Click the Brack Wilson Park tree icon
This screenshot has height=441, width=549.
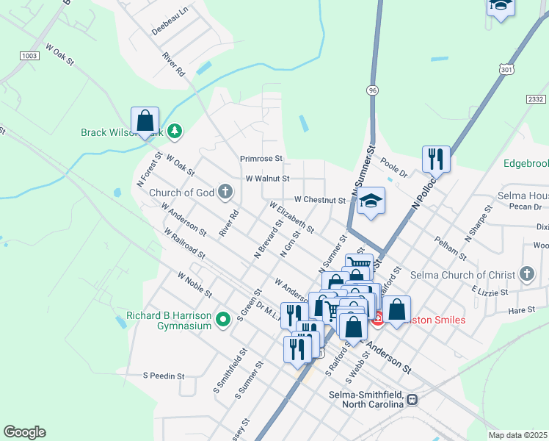175,132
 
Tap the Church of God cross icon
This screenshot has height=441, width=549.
225,193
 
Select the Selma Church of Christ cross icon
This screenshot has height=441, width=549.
526,274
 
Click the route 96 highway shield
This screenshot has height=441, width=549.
373,90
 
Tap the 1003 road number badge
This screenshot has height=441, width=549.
29,56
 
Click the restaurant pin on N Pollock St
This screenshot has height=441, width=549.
436,158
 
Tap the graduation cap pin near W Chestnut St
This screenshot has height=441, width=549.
371,202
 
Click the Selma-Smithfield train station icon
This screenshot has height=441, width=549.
412,399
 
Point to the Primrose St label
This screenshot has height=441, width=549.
261,158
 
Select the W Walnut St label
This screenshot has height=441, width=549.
267,178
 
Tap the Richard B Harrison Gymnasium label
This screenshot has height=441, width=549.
169,320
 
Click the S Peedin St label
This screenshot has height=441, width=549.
164,375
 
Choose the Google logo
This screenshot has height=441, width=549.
24,432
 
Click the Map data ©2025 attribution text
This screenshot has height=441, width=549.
517,435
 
